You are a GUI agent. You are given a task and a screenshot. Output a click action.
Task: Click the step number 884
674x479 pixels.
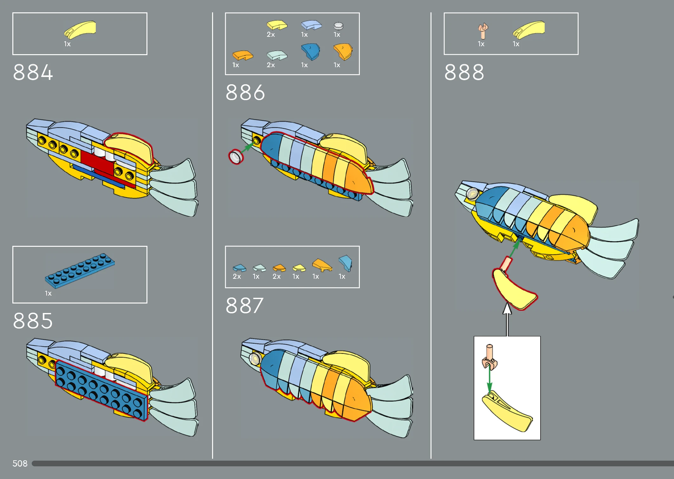33,72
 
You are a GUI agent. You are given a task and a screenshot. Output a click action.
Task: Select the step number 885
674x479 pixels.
33,321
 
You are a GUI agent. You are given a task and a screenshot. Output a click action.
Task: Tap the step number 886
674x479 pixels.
245,93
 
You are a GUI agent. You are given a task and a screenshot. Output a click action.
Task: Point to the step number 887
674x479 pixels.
244,306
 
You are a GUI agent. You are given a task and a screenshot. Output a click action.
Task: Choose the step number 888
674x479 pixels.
464,72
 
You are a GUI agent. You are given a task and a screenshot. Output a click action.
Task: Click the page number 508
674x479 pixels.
20,463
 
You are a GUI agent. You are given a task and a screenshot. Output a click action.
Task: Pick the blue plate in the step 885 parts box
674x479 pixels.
80,271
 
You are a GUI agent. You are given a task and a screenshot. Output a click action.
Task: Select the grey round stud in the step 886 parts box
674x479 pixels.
339,26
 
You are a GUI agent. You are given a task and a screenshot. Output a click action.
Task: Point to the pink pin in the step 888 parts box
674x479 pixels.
483,31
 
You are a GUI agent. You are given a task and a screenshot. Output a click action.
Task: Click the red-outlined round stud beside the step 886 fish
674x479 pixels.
236,156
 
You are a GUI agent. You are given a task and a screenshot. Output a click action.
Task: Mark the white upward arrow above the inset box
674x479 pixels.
508,319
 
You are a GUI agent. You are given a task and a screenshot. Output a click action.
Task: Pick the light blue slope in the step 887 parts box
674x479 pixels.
345,263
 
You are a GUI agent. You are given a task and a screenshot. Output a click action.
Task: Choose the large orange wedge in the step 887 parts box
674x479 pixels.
322,265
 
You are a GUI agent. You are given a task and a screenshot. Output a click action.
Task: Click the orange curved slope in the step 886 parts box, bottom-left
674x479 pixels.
243,55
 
